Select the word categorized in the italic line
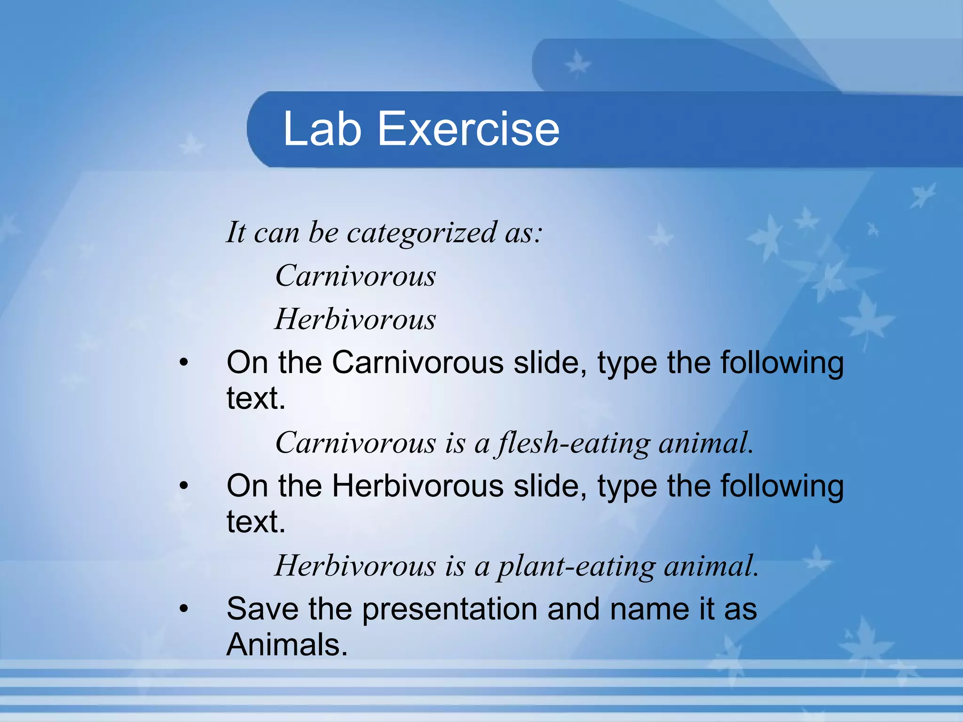pos(421,233)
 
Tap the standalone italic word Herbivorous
pos(355,319)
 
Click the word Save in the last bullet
pos(262,609)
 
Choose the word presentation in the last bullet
pos(450,610)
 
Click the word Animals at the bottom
pos(287,644)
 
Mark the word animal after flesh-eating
pos(705,443)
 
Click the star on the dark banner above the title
pos(577,65)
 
